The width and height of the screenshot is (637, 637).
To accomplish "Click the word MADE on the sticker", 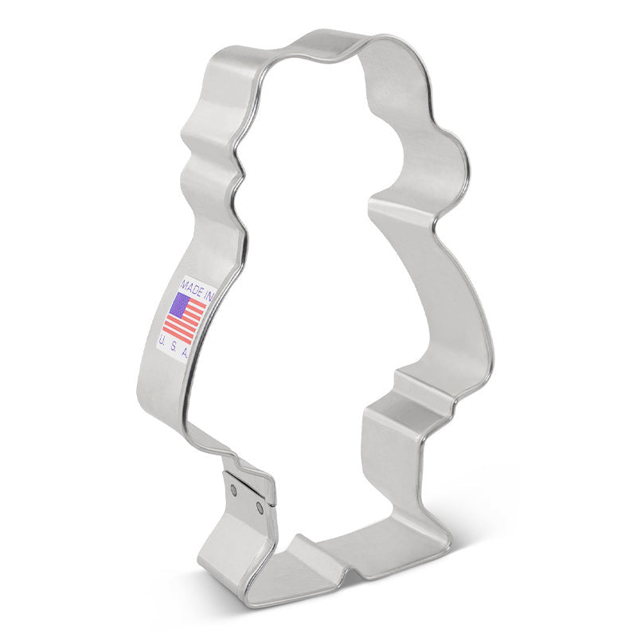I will (192, 286).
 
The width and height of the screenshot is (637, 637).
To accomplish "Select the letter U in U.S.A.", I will (163, 340).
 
